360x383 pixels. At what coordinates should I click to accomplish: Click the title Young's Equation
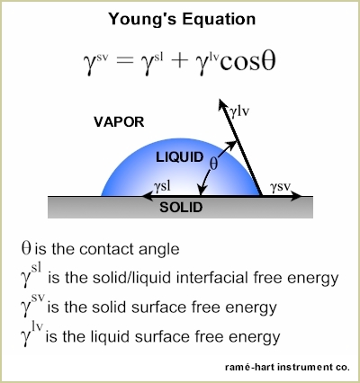point(182,20)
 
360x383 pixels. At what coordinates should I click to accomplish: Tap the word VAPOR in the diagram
point(119,122)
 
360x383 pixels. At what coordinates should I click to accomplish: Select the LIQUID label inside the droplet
point(180,157)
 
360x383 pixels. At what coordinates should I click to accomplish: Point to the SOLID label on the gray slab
point(181,208)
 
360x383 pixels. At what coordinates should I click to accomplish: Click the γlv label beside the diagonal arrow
point(239,111)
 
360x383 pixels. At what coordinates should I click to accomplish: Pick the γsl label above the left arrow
point(162,187)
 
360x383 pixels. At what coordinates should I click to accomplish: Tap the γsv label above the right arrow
point(280,187)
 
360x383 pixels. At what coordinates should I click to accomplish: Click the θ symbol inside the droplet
point(213,164)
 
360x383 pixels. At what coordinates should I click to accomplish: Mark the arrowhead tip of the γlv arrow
point(220,99)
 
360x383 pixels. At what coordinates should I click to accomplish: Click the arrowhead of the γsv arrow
point(301,196)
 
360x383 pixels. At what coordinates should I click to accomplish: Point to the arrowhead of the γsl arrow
point(142,196)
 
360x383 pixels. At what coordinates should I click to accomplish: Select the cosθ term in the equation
point(247,62)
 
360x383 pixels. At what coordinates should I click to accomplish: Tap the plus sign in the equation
point(178,62)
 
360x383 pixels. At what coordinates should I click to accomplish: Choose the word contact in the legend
point(106,249)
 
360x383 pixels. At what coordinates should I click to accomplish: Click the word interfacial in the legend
point(213,278)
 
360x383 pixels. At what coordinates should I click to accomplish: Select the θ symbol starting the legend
point(26,248)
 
